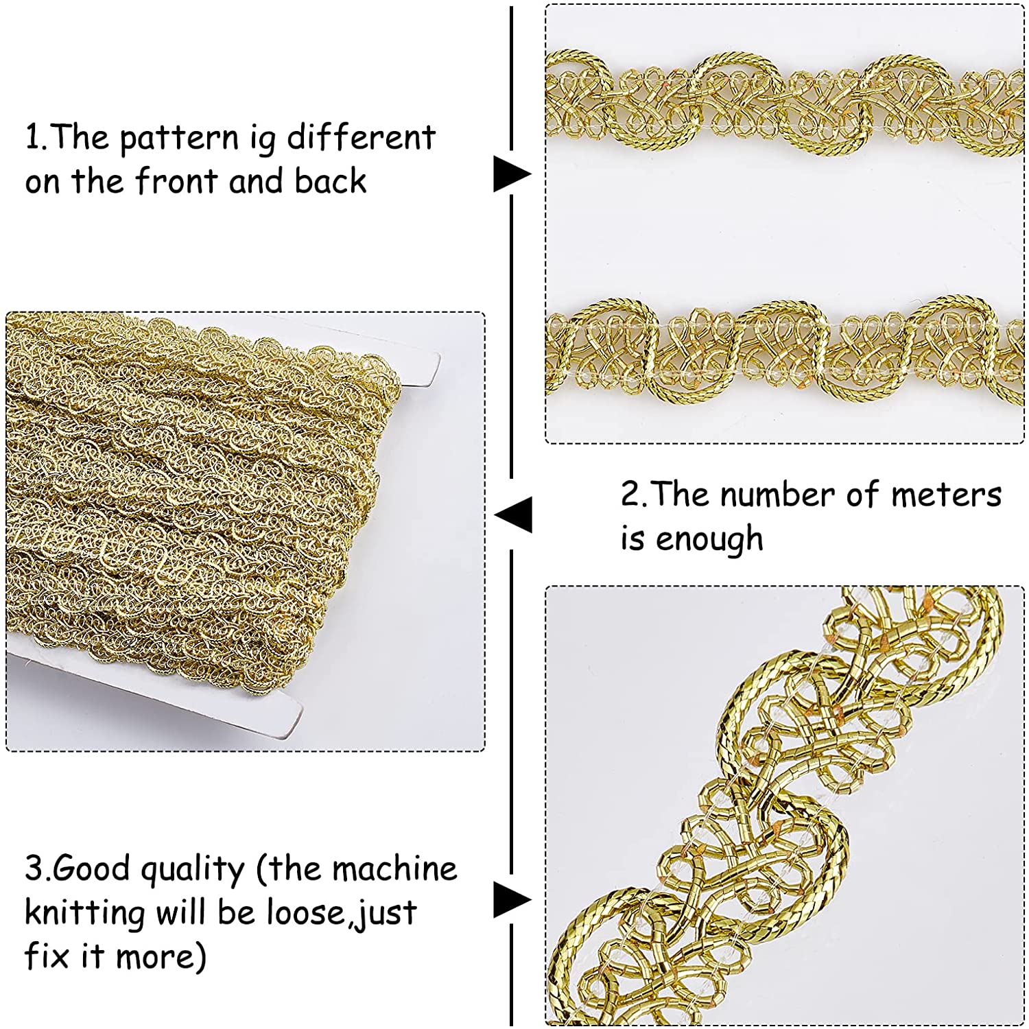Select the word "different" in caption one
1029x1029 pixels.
361,137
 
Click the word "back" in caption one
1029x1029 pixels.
331,181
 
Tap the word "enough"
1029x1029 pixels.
709,539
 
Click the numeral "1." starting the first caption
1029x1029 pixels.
36,137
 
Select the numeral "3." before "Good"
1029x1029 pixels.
37,869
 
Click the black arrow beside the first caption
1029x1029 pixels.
512,174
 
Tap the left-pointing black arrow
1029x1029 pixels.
512,514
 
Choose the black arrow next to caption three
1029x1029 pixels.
512,899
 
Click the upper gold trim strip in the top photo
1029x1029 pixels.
785,103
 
